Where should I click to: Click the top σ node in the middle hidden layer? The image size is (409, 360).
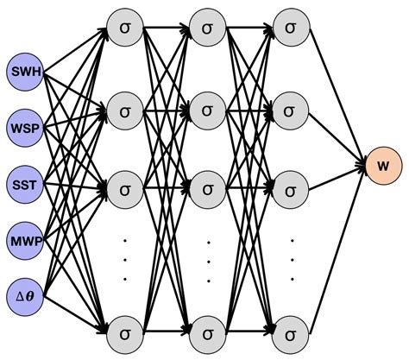207,28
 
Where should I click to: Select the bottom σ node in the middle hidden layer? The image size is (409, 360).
207,330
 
